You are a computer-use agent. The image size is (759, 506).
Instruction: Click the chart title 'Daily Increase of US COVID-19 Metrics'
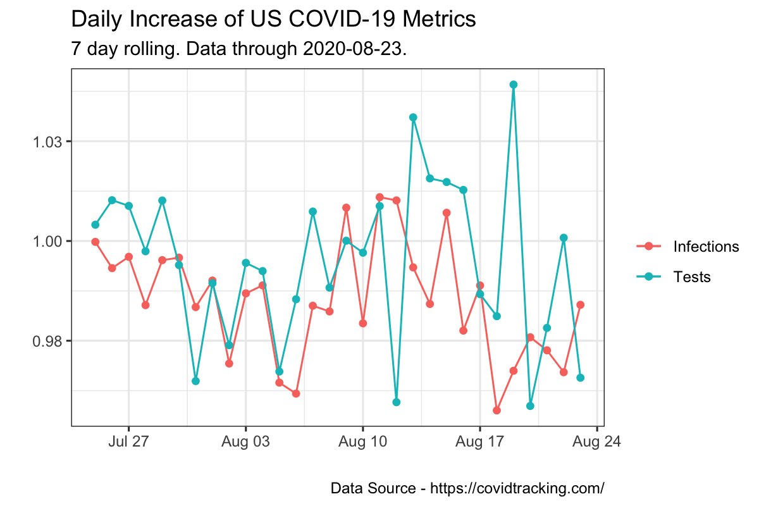(x=273, y=20)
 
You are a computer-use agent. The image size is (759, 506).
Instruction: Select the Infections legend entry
(x=706, y=247)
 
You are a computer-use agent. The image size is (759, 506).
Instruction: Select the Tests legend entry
(x=692, y=276)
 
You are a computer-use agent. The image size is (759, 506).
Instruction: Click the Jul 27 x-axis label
(x=129, y=441)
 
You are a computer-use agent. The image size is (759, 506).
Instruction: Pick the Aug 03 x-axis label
(x=245, y=441)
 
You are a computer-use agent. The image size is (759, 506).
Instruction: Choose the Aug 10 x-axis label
(x=362, y=441)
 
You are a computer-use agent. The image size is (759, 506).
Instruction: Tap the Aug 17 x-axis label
(x=479, y=441)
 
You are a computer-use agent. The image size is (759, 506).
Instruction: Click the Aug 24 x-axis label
(x=596, y=441)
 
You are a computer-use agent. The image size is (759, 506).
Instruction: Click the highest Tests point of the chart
(x=514, y=84)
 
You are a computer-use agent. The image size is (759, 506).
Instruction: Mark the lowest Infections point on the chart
(x=497, y=410)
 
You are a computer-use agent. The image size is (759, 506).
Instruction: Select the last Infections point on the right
(x=580, y=305)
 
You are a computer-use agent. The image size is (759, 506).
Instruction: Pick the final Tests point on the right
(x=580, y=378)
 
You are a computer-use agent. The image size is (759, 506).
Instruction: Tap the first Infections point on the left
(x=96, y=242)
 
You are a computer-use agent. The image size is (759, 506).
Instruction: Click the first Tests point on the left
(x=96, y=225)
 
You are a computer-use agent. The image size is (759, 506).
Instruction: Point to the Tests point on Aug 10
(x=362, y=252)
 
